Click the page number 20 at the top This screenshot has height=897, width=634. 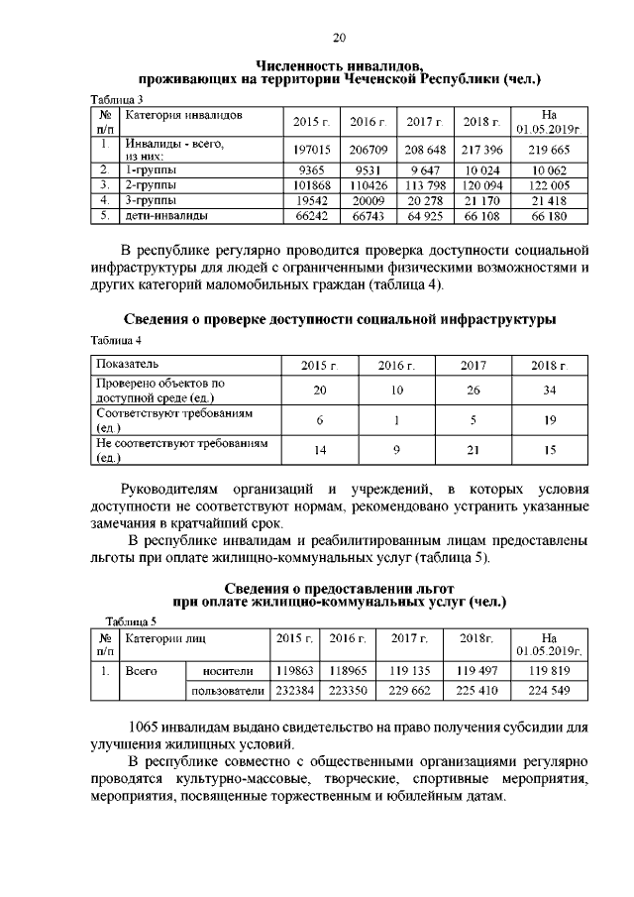coord(338,39)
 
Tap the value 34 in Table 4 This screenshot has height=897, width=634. coord(548,391)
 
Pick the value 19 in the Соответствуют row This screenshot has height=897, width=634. coord(548,420)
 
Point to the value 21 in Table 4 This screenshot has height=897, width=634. coord(474,450)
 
